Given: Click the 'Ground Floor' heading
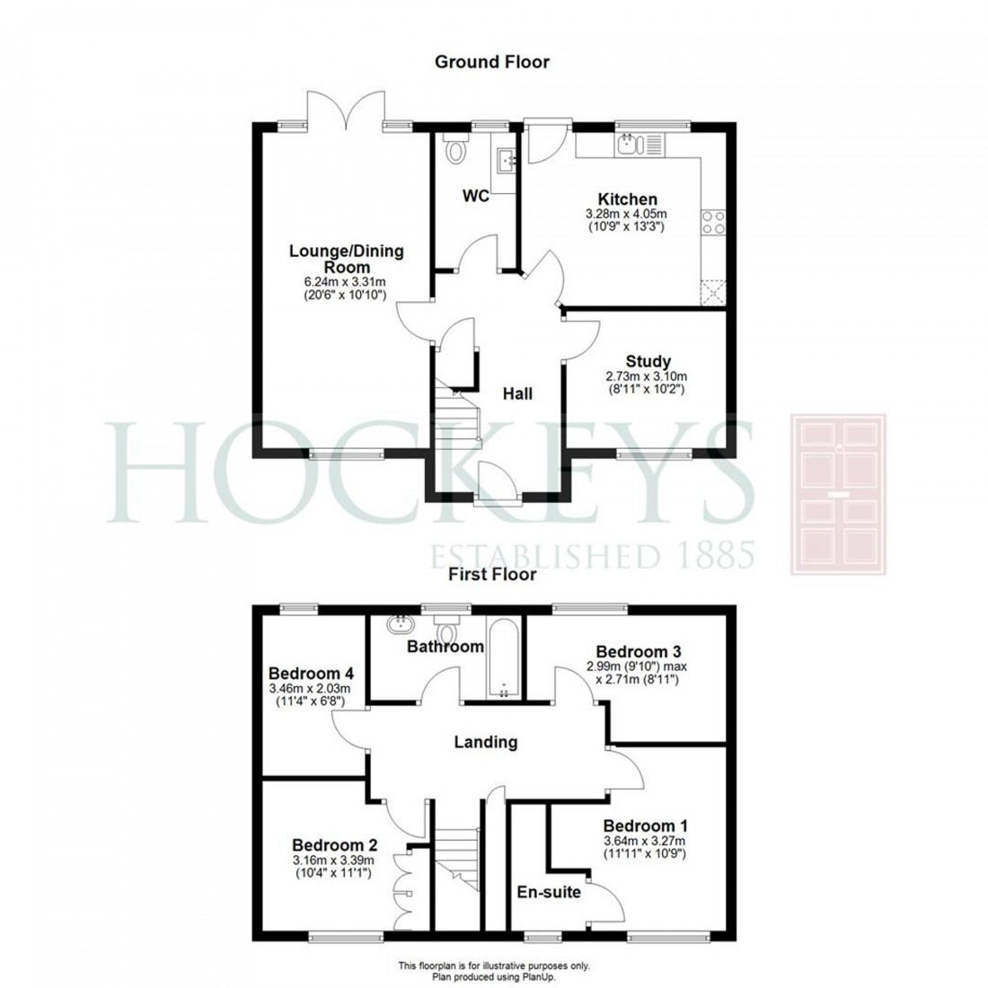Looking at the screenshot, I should point(491,62).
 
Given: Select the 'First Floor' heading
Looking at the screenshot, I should point(493,573).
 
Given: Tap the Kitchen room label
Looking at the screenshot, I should point(628,198).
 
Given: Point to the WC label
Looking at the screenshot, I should point(476,196).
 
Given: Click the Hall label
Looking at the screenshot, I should point(517,393).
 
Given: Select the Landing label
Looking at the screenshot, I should point(485,742).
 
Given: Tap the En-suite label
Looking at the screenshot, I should point(548,892).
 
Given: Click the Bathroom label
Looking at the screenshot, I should point(445,646).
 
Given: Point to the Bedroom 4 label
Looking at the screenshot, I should point(311,673).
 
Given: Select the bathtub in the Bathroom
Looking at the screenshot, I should point(504,658).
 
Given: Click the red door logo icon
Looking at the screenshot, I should point(837,493).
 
